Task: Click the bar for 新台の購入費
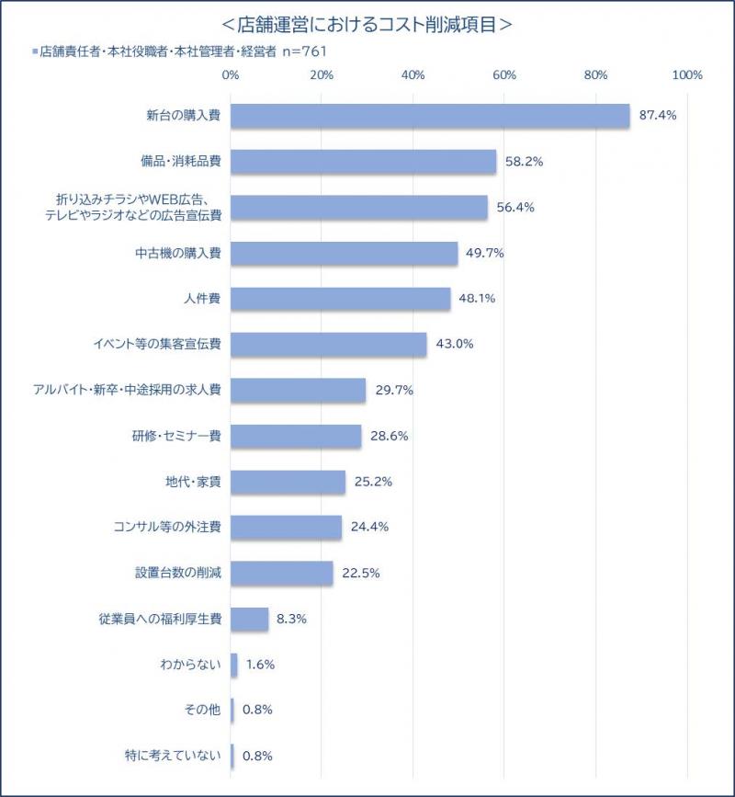(430, 116)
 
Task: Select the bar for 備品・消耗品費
(363, 162)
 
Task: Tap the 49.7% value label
(485, 253)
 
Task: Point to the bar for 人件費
(340, 299)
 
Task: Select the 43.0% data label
(454, 344)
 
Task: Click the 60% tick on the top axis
(503, 75)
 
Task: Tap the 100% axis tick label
(686, 75)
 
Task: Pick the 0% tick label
(231, 75)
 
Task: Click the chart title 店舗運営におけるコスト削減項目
(367, 25)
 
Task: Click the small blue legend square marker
(35, 51)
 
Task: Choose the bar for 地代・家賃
(288, 481)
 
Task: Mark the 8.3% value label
(291, 619)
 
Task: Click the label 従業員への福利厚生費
(160, 619)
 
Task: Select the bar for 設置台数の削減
(281, 573)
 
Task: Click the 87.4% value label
(658, 116)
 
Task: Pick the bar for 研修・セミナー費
(296, 436)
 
